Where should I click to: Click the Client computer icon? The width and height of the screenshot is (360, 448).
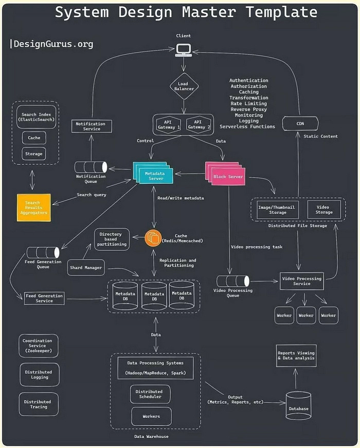click(183, 50)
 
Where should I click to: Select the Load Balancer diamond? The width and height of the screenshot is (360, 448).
click(183, 87)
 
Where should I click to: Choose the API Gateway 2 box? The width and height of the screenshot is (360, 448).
click(198, 124)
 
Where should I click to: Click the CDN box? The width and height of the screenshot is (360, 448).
click(300, 123)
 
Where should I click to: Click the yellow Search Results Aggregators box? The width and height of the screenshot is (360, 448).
click(34, 208)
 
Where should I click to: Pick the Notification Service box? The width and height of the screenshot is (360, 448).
click(91, 126)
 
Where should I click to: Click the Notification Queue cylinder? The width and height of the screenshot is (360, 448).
click(91, 167)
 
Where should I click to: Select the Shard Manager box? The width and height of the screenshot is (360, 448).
click(86, 267)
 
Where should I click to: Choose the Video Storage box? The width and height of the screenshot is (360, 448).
click(323, 209)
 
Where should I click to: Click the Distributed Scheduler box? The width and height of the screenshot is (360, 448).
click(149, 394)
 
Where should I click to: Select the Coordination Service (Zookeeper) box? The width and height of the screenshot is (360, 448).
click(39, 346)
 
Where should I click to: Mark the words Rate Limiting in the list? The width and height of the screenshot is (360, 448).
click(248, 103)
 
